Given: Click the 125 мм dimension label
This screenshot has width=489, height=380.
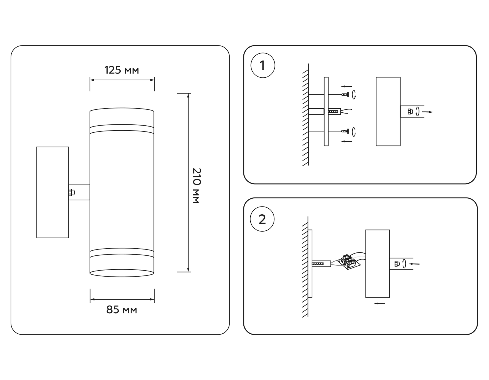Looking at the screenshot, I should click(121, 70).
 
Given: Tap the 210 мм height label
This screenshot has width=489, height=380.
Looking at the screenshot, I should click(196, 186).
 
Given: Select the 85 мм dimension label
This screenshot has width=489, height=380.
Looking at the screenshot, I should click(121, 310).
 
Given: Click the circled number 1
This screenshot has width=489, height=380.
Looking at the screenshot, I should click(262, 65).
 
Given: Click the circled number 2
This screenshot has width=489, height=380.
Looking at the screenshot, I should click(262, 219).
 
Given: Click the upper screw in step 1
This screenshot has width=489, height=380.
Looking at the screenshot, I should click(345, 95).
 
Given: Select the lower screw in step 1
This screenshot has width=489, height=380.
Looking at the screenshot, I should click(345, 132).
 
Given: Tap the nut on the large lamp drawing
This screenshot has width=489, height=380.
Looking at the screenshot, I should click(71, 192).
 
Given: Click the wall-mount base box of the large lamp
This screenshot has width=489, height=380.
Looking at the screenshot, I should click(52, 192).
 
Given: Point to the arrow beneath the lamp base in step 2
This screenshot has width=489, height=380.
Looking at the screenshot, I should click(380, 303).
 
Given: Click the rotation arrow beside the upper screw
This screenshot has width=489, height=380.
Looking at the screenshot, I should click(354, 94).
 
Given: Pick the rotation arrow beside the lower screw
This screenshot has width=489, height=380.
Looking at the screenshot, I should click(354, 132).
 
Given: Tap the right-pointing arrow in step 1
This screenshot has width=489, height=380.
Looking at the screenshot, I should click(428, 112).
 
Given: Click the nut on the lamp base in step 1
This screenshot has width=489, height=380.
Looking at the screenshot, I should click(410, 111).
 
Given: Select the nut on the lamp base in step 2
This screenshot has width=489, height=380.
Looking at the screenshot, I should click(397, 264).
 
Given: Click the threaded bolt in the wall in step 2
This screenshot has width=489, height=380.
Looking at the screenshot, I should click(318, 264).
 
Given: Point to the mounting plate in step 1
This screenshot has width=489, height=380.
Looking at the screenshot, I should click(326, 112).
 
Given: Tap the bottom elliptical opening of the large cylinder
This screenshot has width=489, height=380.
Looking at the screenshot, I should click(122, 273).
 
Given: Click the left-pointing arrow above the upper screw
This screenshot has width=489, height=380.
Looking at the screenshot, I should click(346, 87).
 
